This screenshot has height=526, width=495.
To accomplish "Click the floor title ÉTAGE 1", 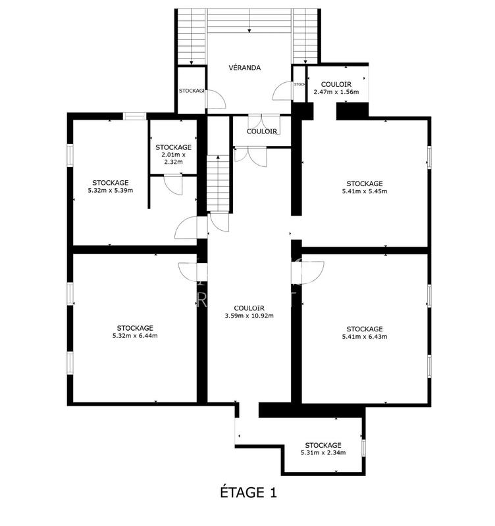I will pyautogui.click(x=247, y=492).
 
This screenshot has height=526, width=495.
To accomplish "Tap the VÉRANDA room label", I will pyautogui.click(x=245, y=68).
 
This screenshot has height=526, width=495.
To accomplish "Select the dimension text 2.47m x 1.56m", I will pyautogui.click(x=336, y=92).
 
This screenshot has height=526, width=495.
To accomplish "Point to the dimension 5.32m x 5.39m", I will pyautogui.click(x=110, y=191).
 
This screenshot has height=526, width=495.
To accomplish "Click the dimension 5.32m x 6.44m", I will pyautogui.click(x=135, y=336).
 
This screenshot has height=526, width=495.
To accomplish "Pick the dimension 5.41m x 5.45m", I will pyautogui.click(x=364, y=192).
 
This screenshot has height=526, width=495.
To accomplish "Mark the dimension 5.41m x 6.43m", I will pyautogui.click(x=364, y=337).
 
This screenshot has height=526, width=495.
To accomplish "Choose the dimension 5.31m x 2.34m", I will pyautogui.click(x=323, y=452).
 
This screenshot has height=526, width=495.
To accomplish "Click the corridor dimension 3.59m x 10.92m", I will pyautogui.click(x=249, y=316).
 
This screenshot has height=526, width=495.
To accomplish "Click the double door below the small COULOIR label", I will pyautogui.click(x=250, y=155).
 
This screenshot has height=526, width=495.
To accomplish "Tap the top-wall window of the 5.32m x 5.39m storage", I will pyautogui.click(x=134, y=117).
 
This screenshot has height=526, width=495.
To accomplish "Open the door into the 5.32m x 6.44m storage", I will pyautogui.click(x=192, y=272).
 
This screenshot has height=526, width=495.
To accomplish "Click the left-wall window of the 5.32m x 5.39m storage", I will pyautogui.click(x=70, y=155).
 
